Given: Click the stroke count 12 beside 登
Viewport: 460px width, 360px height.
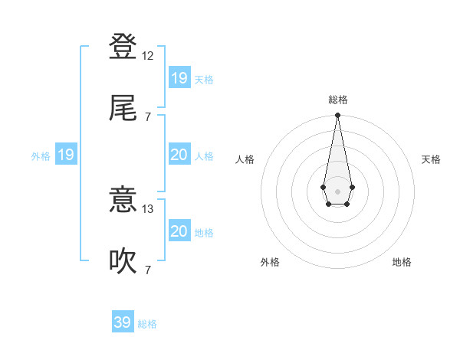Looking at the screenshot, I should pos(149,57).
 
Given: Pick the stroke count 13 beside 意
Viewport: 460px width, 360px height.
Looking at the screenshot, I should pos(149,208).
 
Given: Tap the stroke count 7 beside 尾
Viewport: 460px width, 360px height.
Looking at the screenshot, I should pos(148,116).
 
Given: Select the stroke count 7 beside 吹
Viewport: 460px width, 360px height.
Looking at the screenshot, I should pos(148,270).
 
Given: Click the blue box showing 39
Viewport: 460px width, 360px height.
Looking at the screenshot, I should pos(123,322).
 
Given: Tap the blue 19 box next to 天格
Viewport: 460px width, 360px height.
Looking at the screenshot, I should pos(179,77).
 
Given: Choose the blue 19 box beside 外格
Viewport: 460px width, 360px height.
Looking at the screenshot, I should pos(66,155).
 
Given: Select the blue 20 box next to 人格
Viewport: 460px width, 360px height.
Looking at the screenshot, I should pos(179,155).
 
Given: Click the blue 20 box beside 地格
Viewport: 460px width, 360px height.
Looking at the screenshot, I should pos(179,231).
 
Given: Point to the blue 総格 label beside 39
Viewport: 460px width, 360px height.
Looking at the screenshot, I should pos(147,324).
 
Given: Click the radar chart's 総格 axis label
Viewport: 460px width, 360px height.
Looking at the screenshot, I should pos(337,100).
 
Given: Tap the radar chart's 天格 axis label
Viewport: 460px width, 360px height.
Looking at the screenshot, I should pos(431,159).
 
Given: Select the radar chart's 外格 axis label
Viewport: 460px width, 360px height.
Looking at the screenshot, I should pos(270,262).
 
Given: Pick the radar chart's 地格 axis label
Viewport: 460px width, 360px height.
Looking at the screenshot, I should pos(402,262).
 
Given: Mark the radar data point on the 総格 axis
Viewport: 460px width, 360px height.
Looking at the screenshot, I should pos(337,116).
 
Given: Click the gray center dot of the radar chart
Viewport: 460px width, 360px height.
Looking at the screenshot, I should pos(337,190).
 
